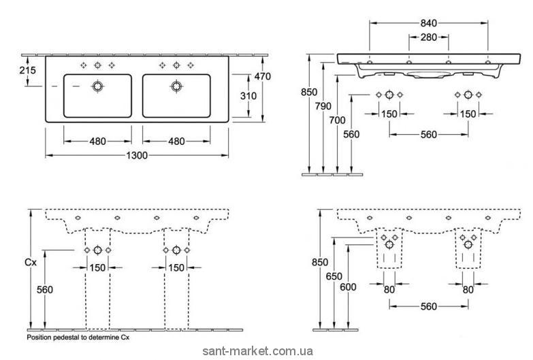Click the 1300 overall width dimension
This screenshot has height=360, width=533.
137,155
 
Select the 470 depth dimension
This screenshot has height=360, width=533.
262,77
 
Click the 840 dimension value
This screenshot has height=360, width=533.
429,23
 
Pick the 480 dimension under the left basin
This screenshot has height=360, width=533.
97,142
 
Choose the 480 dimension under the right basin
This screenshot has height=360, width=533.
176,142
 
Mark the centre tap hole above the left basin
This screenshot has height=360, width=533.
98,65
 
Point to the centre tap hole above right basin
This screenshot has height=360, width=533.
176,65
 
